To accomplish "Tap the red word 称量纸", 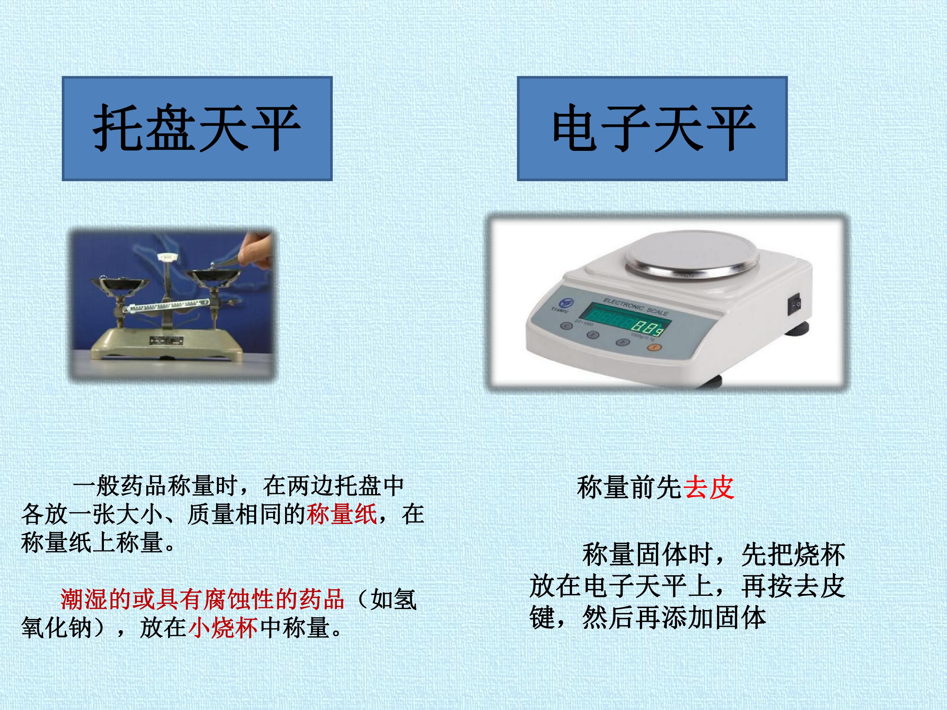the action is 342,514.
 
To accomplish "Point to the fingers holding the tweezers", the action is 255,248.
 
